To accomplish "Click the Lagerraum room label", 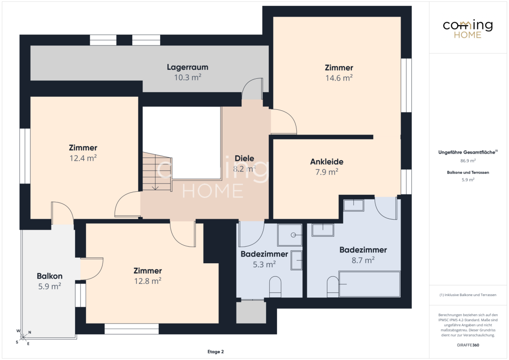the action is click(x=188, y=67).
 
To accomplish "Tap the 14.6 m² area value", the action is click(x=339, y=78).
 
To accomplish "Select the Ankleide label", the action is click(x=326, y=162).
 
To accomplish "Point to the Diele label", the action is click(x=244, y=158).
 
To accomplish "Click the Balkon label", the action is click(x=49, y=276).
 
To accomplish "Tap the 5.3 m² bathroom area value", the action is click(x=264, y=264).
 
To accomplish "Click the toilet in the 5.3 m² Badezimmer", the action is click(x=275, y=287).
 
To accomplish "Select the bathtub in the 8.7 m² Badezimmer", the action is click(x=370, y=284).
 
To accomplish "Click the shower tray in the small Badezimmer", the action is click(x=290, y=234).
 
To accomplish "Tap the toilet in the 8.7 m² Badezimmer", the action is click(x=333, y=287).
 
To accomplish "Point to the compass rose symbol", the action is click(x=23, y=337).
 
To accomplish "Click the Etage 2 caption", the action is click(x=215, y=351).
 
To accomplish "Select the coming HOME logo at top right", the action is click(x=468, y=29).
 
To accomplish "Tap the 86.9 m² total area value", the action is click(x=468, y=161).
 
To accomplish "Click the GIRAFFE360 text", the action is click(x=468, y=345).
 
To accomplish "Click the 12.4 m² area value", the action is click(x=83, y=158).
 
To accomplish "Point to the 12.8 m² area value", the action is click(x=147, y=281).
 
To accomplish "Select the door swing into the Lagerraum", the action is click(x=252, y=89).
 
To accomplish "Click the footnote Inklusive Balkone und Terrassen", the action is click(x=468, y=295).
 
